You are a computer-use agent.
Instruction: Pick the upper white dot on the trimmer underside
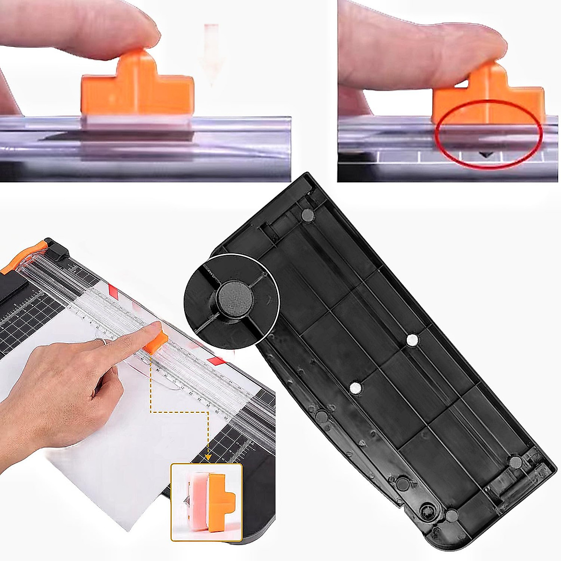pos(412,340)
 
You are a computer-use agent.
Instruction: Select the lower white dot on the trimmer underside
pos(356,387)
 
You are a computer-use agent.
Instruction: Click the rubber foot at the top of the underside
pos(307,215)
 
